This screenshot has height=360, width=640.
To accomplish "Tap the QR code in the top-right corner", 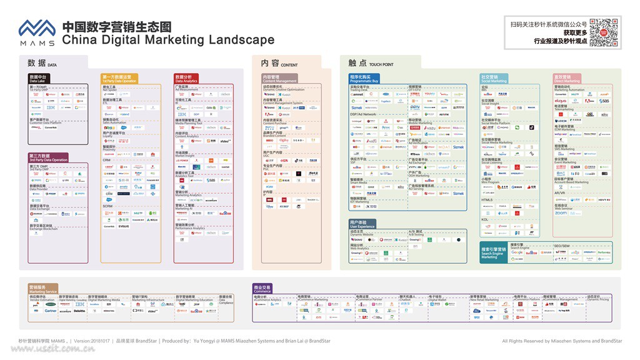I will tap(604, 32).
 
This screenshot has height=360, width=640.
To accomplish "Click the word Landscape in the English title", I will tap(241, 41).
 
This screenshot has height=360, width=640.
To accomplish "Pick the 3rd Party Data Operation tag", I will tap(48, 157).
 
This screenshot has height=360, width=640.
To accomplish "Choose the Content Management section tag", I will tap(279, 79).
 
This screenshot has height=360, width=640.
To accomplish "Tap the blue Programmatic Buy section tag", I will tap(364, 79).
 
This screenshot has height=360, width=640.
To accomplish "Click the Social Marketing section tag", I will tap(494, 79).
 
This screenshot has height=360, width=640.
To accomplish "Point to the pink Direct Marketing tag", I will tap(567, 79).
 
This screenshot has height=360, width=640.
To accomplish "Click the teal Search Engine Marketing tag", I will tap(494, 251).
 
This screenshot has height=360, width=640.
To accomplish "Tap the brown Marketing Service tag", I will tap(42, 289).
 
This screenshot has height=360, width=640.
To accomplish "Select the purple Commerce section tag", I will tap(262, 289).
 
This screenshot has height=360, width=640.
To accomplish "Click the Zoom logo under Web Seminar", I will tap(561, 213).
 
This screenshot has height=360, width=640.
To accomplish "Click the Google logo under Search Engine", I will tap(517, 252).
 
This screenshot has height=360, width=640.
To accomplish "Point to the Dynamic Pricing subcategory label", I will tap(597, 299).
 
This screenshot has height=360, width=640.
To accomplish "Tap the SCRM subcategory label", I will tap(107, 206).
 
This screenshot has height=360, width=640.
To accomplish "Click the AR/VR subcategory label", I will tap(559, 193).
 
